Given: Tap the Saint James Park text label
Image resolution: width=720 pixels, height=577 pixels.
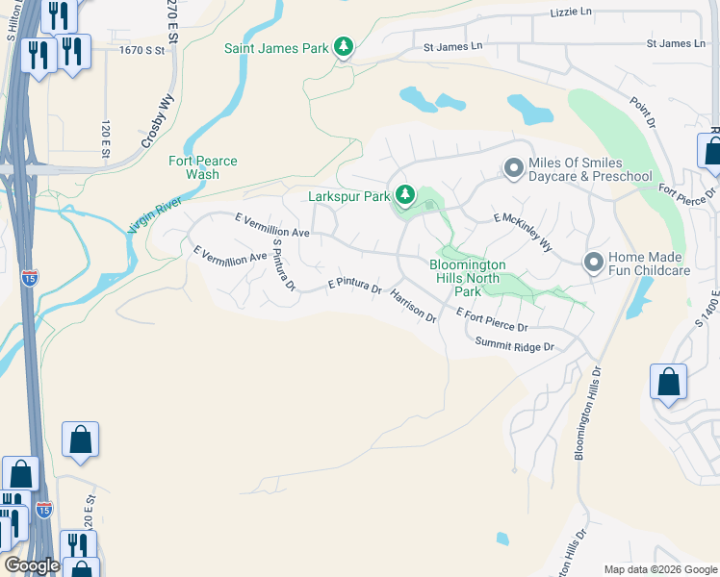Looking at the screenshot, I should point(275,47).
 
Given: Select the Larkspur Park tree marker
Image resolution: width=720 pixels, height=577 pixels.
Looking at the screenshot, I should point(405,196).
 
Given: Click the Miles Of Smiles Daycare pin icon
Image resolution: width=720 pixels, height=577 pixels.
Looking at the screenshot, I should point(514,169).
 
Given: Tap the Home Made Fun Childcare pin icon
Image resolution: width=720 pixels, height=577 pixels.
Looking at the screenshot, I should point(593,263).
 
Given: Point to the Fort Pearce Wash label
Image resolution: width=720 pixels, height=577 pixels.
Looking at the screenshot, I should point(202,168).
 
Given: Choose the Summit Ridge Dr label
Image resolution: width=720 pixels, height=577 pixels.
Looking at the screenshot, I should point(515,345).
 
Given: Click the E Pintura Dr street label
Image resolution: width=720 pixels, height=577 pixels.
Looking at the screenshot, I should point(354,287).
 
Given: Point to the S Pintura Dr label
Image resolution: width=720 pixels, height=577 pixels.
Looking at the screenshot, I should point(283,265).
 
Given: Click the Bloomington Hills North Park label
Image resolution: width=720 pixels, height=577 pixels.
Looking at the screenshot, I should point(468,277).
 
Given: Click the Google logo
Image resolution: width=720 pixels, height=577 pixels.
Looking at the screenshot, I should point(32,565).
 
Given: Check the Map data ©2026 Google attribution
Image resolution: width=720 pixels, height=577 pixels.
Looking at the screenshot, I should point(659,569).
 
